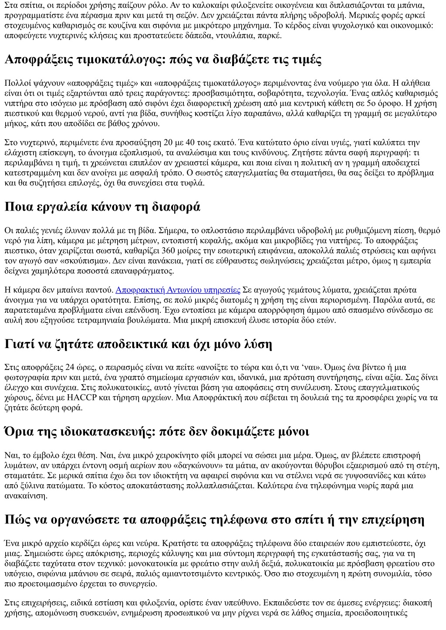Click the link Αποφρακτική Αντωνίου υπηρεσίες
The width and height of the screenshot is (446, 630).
[x=178, y=290]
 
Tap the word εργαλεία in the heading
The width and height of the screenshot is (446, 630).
[x=56, y=207]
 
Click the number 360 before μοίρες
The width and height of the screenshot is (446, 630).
[x=169, y=251]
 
